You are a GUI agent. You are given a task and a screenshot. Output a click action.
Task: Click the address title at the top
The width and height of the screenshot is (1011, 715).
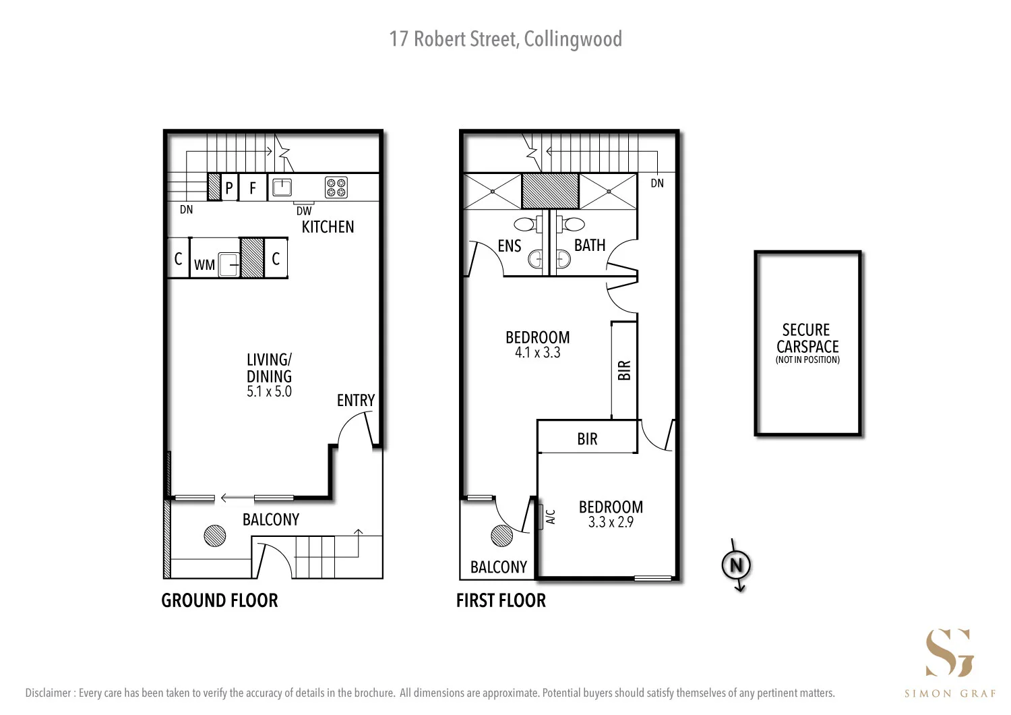[506, 39]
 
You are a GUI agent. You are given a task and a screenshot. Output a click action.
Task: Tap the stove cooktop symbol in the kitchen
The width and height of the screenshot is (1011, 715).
[336, 188]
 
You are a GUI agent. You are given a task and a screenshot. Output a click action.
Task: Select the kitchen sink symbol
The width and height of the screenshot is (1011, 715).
[282, 187]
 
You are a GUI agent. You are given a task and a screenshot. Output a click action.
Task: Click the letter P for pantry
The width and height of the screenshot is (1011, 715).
[229, 188]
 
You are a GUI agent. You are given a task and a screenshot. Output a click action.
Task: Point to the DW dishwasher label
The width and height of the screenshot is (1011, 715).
[304, 211]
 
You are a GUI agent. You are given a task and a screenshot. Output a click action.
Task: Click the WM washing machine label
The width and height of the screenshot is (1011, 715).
[204, 265]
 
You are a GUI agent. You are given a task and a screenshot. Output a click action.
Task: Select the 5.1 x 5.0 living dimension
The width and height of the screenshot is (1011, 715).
[269, 392]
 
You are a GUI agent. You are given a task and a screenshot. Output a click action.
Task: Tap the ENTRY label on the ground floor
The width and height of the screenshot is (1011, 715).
[355, 401]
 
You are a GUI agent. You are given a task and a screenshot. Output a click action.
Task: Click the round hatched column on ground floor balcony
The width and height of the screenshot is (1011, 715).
[215, 536]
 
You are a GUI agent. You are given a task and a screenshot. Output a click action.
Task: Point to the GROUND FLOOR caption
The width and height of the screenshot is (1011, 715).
[219, 600]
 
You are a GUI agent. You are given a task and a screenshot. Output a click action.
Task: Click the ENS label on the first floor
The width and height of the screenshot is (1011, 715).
[510, 246]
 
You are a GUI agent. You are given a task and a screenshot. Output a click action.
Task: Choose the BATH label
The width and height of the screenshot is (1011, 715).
[590, 246]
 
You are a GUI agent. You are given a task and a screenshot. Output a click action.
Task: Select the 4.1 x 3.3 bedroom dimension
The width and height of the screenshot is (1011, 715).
[537, 353]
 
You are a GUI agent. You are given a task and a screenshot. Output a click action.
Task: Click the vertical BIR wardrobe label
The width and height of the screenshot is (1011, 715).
[624, 370]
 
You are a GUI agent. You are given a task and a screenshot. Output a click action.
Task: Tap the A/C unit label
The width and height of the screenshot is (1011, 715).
[550, 517]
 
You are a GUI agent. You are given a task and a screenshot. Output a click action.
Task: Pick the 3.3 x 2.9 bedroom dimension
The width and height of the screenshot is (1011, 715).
[611, 522]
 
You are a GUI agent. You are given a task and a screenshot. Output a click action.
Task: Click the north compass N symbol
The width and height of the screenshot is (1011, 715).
[736, 565]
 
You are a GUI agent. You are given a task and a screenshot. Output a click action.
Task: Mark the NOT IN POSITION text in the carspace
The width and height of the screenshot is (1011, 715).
[807, 360]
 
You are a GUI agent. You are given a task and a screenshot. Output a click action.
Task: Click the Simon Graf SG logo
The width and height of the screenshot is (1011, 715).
[949, 652]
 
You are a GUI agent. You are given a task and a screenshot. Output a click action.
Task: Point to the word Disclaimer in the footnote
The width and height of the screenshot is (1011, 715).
[49, 693]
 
